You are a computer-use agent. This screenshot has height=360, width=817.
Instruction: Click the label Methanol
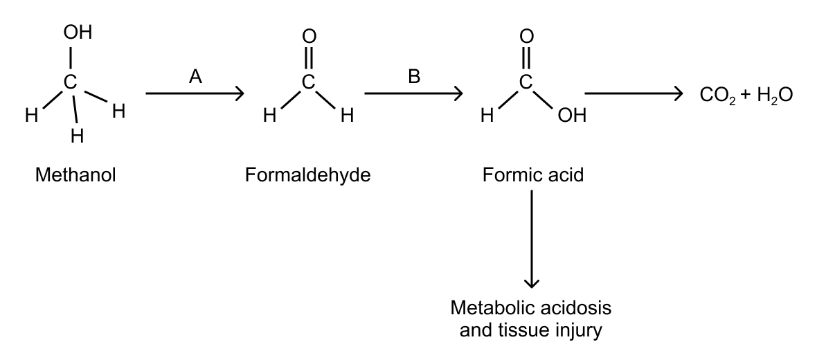click(x=75, y=175)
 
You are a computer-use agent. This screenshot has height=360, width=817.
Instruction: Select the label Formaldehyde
click(x=307, y=175)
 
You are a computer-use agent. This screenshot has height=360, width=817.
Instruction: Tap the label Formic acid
click(x=533, y=175)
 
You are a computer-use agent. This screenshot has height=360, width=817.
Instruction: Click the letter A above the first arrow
click(x=195, y=78)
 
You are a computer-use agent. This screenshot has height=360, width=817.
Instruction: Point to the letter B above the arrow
click(x=414, y=78)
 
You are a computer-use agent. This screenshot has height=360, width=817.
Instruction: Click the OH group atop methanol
click(x=77, y=33)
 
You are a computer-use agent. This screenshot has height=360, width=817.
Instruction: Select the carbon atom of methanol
click(x=69, y=83)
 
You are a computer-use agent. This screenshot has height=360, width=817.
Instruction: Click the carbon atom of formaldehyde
click(x=309, y=82)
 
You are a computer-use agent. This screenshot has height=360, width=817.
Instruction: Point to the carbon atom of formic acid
click(x=526, y=82)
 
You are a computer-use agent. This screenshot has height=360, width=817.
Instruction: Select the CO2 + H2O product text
click(x=744, y=95)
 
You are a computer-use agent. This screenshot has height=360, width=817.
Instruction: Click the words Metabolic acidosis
click(x=531, y=307)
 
